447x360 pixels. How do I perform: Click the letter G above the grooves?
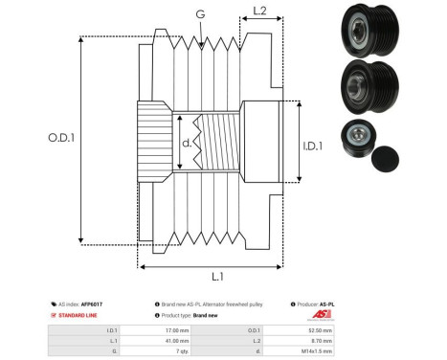pos(199,15)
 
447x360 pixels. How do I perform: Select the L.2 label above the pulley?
pos(258,12)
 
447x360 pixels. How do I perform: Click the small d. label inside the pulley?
pos(186,145)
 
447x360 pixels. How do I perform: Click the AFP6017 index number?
pos(90,304)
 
